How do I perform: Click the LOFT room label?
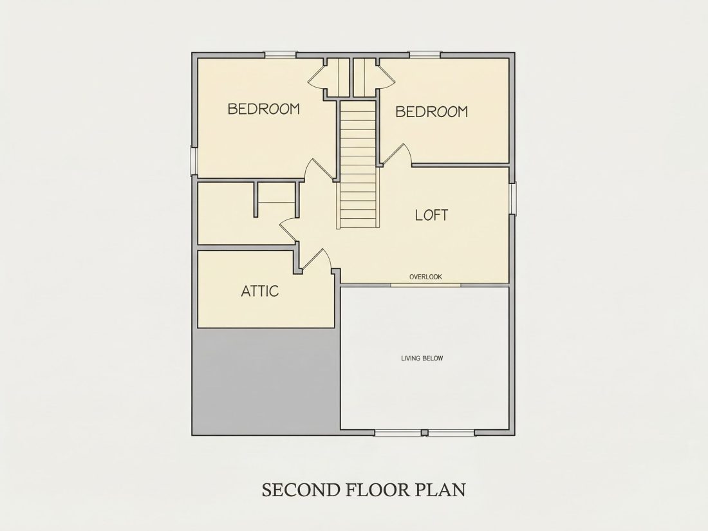point(432,215)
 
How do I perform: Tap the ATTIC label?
point(259,291)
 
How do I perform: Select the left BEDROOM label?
point(264,109)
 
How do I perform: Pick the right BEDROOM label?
point(432,111)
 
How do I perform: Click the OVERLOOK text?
point(426,277)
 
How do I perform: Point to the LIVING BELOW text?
point(422,359)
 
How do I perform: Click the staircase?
point(358,165)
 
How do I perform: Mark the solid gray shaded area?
point(266,380)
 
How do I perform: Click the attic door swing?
point(316,260)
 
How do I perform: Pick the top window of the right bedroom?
point(424,55)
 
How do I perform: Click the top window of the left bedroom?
point(280,55)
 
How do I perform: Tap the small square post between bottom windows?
point(424,433)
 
